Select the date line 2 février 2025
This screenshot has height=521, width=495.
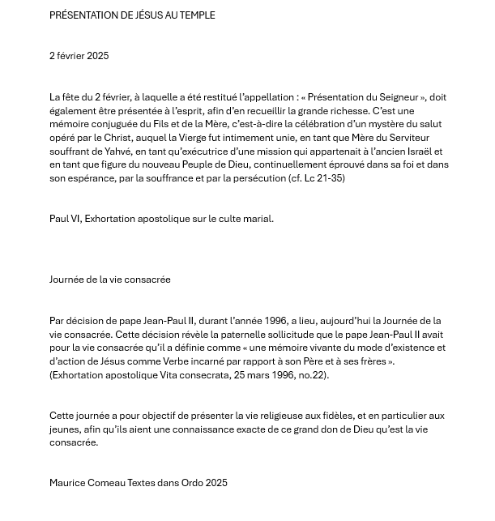79,56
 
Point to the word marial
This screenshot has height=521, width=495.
258,219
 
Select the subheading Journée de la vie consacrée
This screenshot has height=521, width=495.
109,280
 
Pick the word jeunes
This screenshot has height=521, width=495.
64,429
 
